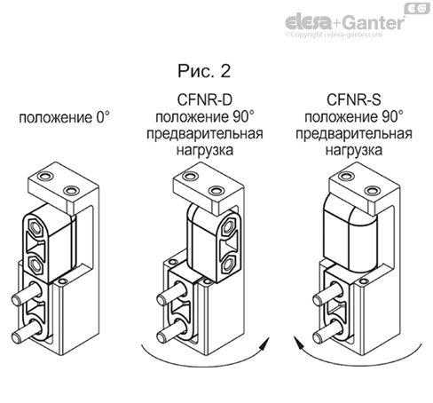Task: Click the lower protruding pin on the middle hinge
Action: [169, 336]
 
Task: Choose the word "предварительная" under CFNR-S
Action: [353, 134]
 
